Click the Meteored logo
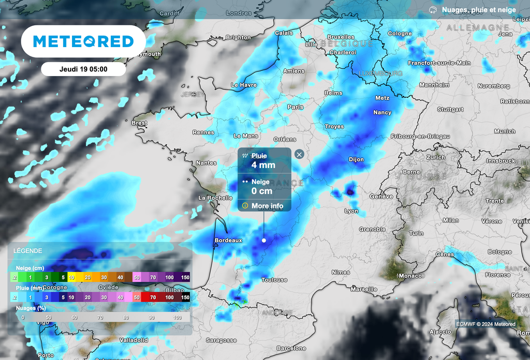point(83,41)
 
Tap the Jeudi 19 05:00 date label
point(83,69)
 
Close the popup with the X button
point(299,154)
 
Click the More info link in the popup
point(267,206)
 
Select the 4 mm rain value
point(263,165)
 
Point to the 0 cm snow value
point(262,191)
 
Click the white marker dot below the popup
point(264,240)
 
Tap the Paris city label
point(295,107)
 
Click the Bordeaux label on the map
point(228,241)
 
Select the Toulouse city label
point(274,280)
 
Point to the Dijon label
point(356,160)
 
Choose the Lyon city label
point(351,211)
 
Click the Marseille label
point(363,289)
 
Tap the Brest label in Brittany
point(139,123)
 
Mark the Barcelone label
point(291,348)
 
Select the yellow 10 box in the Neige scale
point(72,278)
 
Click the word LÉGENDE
point(28,251)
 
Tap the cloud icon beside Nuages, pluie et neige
point(433,10)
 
